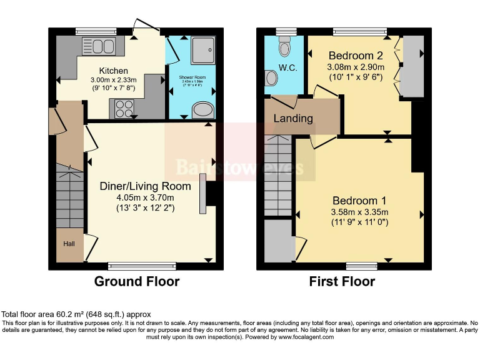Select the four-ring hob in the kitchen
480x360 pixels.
point(124,109)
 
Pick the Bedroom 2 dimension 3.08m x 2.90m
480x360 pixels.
point(356,66)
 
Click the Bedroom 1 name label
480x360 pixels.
point(359,201)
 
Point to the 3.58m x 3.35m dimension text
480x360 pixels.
point(359,212)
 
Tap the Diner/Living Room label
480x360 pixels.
point(146,186)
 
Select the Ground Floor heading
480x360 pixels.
point(136,281)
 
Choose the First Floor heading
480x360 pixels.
point(342,281)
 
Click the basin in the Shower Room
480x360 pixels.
point(202,111)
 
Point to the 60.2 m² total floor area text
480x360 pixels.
point(75,314)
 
